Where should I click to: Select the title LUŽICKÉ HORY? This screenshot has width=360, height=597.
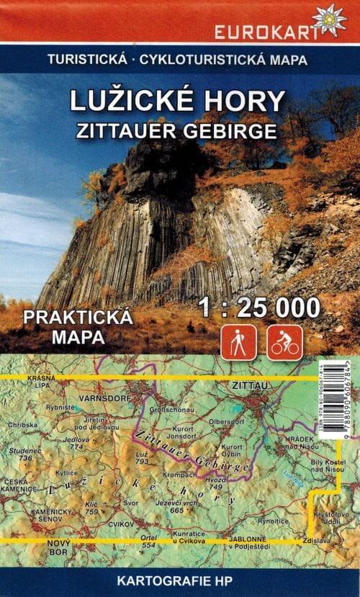(x=179, y=101)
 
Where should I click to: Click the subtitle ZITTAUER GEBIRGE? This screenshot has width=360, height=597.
(x=179, y=130)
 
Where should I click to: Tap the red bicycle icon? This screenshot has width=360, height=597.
(x=285, y=342)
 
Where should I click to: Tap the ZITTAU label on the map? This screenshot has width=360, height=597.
(x=251, y=387)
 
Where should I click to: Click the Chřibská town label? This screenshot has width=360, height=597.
(x=23, y=425)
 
